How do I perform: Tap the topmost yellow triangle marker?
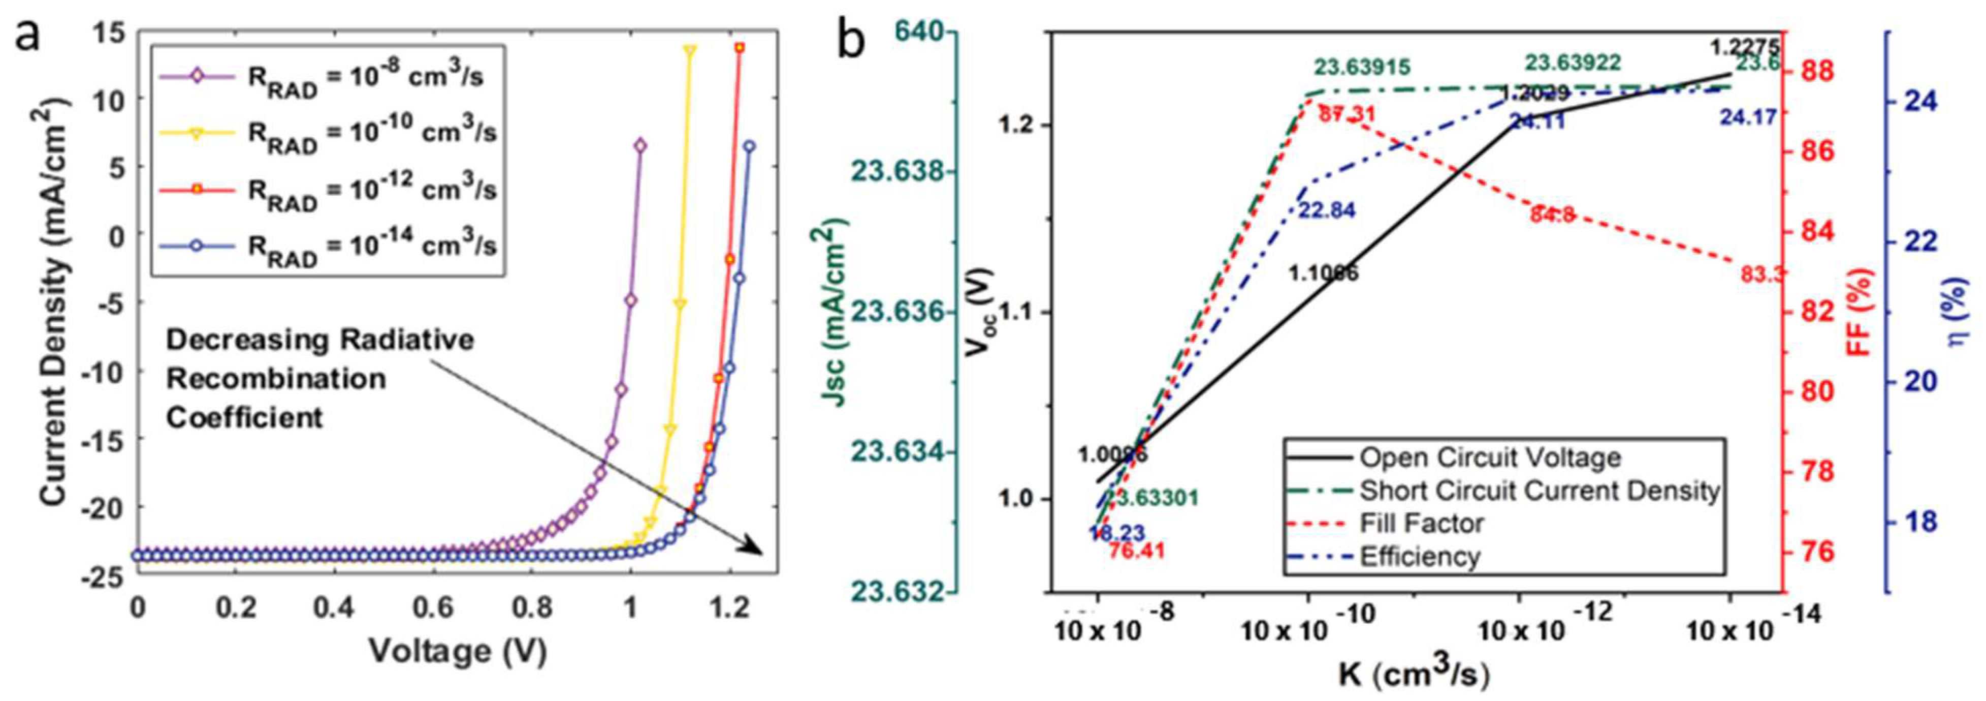689,50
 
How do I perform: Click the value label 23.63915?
1362,68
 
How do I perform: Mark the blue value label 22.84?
1327,210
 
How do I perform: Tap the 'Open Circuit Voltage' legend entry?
1489,458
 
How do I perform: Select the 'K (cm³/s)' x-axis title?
1413,675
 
